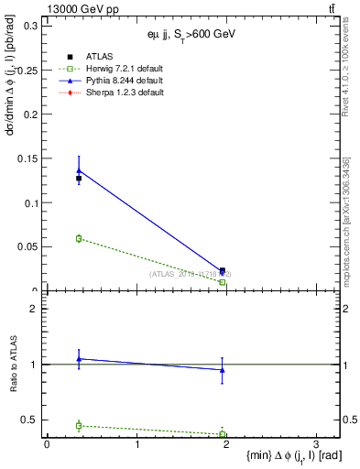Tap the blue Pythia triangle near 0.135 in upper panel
[x=80, y=170]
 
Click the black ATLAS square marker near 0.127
[x=79, y=179]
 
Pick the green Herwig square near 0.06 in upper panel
[x=80, y=238]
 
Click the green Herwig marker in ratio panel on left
[x=80, y=425]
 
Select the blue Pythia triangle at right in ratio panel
[x=223, y=370]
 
